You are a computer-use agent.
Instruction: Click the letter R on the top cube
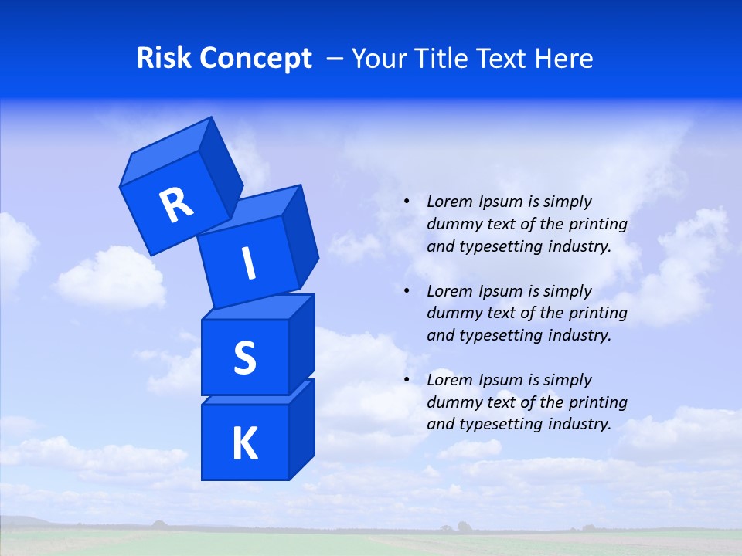tap(176, 205)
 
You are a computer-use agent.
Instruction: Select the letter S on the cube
tap(244, 358)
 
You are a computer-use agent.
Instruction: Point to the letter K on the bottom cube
tap(245, 444)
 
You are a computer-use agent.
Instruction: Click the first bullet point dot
tap(407, 202)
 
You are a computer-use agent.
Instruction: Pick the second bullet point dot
tap(407, 291)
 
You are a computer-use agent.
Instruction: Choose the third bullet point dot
tap(407, 380)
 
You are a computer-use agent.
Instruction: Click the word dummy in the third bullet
tap(452, 402)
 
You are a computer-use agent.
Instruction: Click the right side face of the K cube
tap(301, 429)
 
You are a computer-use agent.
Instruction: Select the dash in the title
tap(336, 58)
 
